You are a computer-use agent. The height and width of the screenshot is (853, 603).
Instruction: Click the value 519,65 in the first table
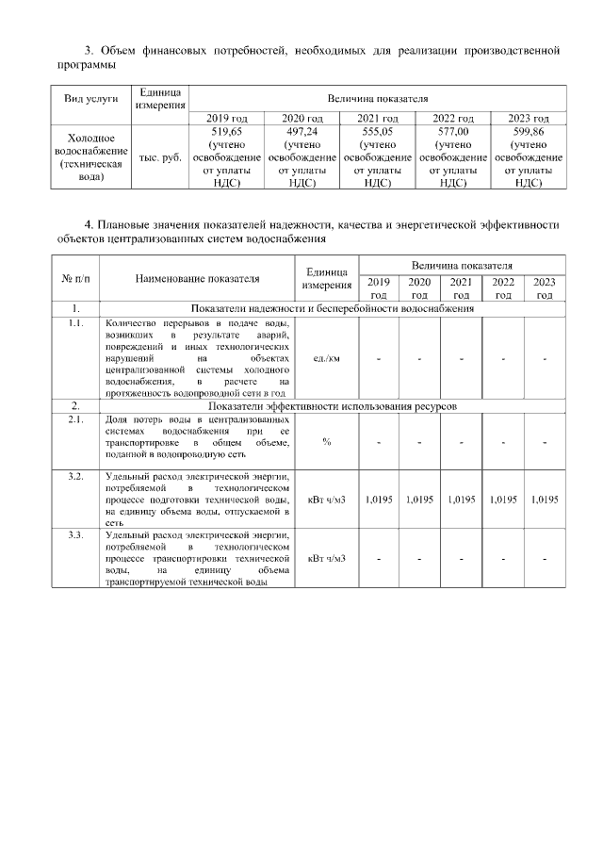click(226, 133)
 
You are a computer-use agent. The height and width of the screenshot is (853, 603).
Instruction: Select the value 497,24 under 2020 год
click(301, 133)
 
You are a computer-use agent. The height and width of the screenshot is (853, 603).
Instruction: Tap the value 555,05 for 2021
click(377, 133)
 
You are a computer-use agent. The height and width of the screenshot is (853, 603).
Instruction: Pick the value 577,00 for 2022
click(452, 133)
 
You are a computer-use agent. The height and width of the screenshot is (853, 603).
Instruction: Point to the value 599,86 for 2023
click(528, 133)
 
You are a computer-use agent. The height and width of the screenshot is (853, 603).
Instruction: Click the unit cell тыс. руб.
click(159, 158)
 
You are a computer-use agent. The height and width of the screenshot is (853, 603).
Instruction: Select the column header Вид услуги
click(90, 98)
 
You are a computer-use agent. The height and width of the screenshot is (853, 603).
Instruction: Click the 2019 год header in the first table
click(226, 118)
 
